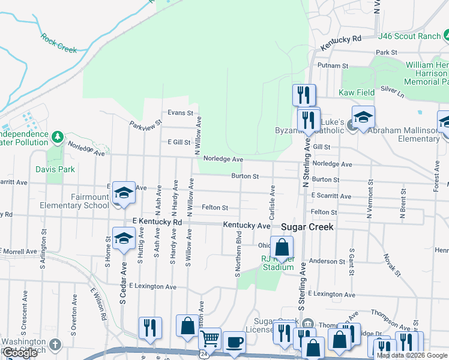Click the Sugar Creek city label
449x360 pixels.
[307, 227]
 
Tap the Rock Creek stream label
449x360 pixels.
[59, 43]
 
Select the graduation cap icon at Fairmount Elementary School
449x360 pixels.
[124, 193]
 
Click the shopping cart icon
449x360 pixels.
[209, 340]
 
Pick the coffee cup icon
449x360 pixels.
[234, 343]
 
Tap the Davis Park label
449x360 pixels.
[55, 169]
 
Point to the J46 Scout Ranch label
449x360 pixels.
[409, 36]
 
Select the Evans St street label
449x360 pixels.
[180, 112]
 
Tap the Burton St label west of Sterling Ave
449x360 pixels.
[246, 176]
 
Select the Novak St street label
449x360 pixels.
[391, 265]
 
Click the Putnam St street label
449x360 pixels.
[334, 65]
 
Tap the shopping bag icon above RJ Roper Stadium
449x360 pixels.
[282, 247]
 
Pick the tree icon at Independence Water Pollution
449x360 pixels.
[58, 137]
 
